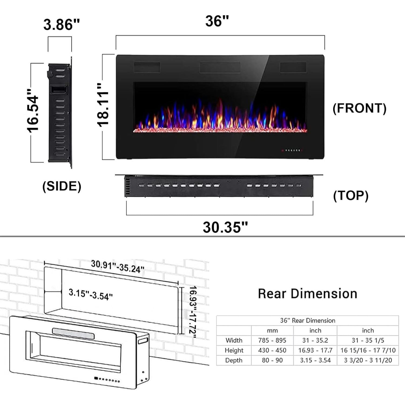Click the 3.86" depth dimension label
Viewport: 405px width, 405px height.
click(x=62, y=25)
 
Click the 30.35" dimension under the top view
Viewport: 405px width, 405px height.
click(x=225, y=227)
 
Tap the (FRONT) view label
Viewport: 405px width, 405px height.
click(x=359, y=108)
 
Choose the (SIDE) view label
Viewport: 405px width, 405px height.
click(x=62, y=186)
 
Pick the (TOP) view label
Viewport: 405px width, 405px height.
click(x=350, y=195)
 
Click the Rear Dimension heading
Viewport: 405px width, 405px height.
click(x=308, y=293)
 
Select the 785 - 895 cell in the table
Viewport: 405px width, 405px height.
click(x=272, y=340)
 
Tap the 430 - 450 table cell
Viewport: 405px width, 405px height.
click(x=272, y=350)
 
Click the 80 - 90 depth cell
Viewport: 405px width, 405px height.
click(x=272, y=360)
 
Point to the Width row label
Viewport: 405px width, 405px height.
click(x=234, y=340)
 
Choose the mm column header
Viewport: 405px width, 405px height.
click(x=272, y=330)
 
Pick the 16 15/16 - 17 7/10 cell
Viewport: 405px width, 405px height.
click(x=368, y=350)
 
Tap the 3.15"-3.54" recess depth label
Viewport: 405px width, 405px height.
click(x=91, y=294)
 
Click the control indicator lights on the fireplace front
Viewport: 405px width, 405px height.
click(x=292, y=150)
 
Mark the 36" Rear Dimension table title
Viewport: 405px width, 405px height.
click(x=308, y=320)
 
